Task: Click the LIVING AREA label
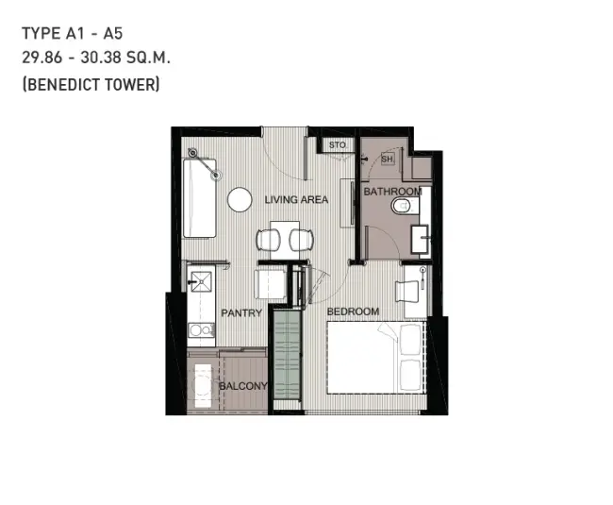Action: click(296, 199)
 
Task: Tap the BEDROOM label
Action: click(353, 311)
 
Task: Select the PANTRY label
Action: click(241, 313)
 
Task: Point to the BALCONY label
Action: click(242, 386)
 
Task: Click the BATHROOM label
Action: click(393, 192)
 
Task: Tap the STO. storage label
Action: click(338, 145)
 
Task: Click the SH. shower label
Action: click(387, 160)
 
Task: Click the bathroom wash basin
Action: click(421, 239)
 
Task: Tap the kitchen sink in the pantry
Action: click(201, 281)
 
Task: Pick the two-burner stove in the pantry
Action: click(201, 330)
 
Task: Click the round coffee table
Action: click(240, 199)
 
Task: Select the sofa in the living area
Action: click(199, 198)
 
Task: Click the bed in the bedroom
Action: click(376, 358)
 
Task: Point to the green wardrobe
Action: click(288, 354)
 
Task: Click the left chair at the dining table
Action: click(268, 240)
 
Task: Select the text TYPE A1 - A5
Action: click(73, 34)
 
